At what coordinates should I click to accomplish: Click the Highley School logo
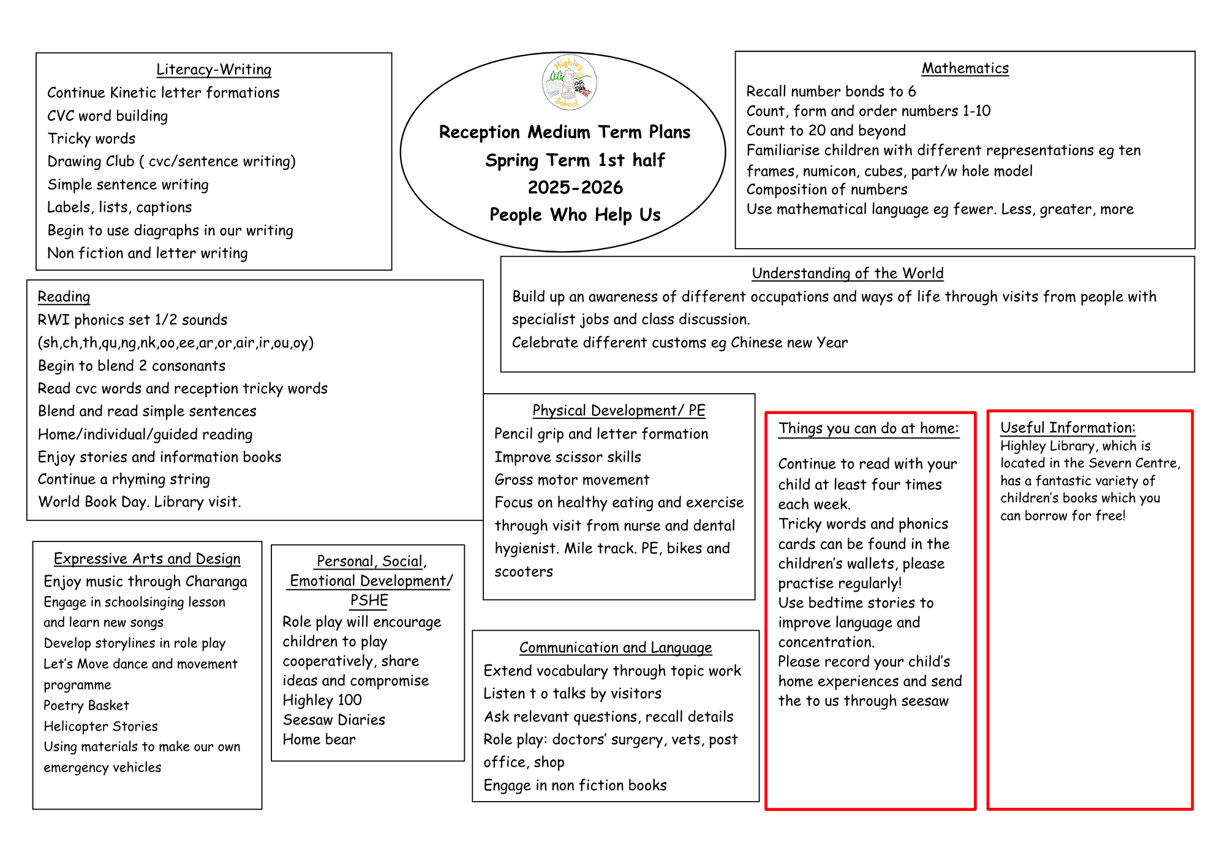click(x=569, y=83)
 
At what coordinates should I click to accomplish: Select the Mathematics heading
click(x=965, y=68)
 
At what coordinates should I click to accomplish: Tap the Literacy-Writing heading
click(x=214, y=69)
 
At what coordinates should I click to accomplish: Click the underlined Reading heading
click(x=64, y=297)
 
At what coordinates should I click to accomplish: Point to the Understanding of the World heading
click(x=847, y=273)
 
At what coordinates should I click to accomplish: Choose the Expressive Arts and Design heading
click(x=147, y=559)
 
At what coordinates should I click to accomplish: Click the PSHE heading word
click(x=369, y=600)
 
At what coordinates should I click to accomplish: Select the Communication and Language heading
click(x=616, y=647)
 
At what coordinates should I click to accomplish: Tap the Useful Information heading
click(x=1068, y=427)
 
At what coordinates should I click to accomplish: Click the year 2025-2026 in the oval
click(x=575, y=187)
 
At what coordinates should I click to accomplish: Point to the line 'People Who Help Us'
click(x=575, y=215)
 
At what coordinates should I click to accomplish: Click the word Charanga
click(x=216, y=581)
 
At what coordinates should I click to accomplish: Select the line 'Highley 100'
click(x=322, y=700)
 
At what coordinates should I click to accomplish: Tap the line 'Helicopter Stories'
click(x=101, y=726)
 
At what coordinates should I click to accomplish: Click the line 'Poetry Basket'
click(x=86, y=706)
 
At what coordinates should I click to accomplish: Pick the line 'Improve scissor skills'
click(x=568, y=457)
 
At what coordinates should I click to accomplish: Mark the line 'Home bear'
click(x=319, y=740)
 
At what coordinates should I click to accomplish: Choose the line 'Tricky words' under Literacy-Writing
click(x=91, y=138)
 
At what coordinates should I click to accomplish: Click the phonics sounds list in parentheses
click(x=176, y=342)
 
